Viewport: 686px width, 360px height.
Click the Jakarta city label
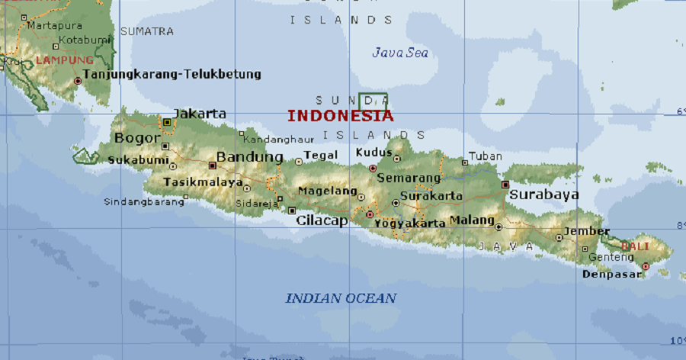[x=200, y=114]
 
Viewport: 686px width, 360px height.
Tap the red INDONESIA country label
[x=341, y=116]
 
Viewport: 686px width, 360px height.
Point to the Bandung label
[x=250, y=157]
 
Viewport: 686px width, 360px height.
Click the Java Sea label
[x=400, y=53]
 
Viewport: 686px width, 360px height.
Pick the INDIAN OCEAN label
[x=341, y=298]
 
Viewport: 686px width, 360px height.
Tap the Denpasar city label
[x=612, y=274]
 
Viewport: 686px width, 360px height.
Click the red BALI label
[x=635, y=246]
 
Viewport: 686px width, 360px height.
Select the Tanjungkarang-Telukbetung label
[x=171, y=74]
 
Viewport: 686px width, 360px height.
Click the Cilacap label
[x=322, y=220]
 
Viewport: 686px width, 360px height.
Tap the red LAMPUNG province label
[x=65, y=59]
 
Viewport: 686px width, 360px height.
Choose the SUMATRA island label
[x=146, y=31]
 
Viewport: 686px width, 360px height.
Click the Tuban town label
[x=486, y=156]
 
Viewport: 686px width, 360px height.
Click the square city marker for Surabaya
[x=505, y=185]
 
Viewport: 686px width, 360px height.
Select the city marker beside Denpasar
[x=646, y=266]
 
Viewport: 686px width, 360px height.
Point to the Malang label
[x=472, y=220]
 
